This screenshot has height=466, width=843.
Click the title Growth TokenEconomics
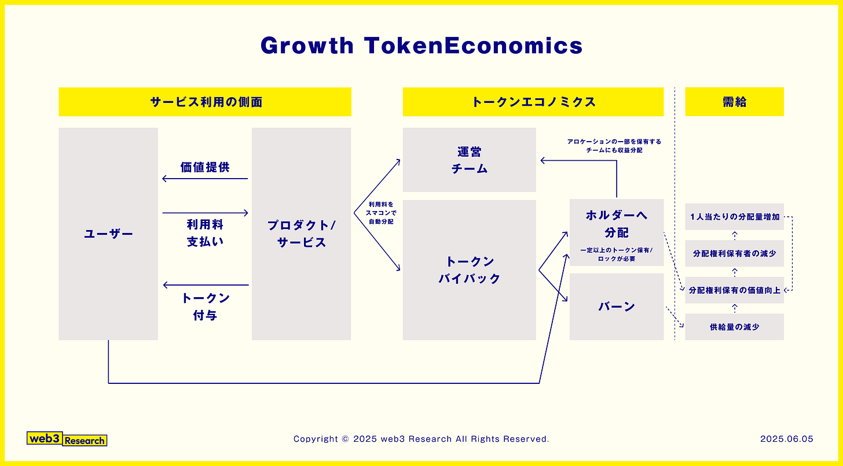tap(421, 46)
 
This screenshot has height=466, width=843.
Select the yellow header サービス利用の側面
tap(205, 102)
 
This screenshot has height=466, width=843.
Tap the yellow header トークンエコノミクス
tap(533, 102)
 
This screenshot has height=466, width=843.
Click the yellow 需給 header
tap(734, 102)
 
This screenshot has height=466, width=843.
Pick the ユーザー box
tap(108, 234)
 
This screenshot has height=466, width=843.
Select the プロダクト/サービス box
tap(301, 234)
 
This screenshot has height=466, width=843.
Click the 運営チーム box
tap(469, 160)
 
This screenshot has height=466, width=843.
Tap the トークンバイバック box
tap(469, 270)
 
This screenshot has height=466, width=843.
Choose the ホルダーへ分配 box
tap(616, 232)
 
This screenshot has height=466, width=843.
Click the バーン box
tap(616, 306)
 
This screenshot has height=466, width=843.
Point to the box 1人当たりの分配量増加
tap(734, 217)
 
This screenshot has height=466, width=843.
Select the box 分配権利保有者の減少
tap(734, 253)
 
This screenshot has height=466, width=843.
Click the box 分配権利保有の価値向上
tap(734, 290)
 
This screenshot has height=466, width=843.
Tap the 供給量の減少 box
tap(734, 327)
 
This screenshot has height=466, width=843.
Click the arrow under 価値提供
tap(205, 179)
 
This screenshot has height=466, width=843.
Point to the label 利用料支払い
tap(205, 232)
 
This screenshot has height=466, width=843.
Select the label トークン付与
tap(205, 306)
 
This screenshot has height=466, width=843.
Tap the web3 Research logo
tap(67, 439)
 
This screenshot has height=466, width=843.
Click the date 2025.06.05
tap(786, 439)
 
